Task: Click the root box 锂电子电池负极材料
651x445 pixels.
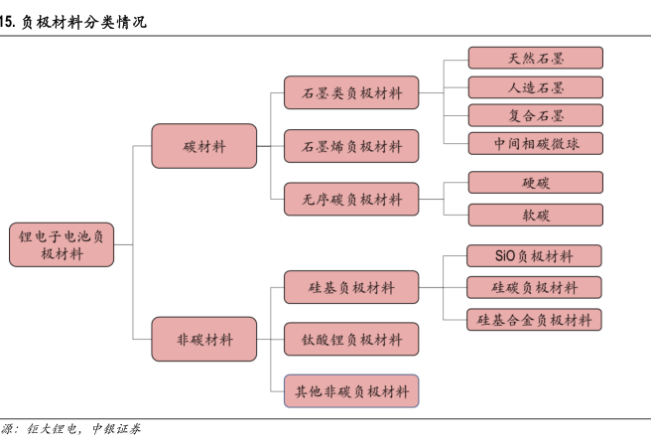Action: click(x=62, y=243)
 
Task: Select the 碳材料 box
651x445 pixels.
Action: click(x=204, y=146)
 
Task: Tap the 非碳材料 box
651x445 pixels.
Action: click(x=204, y=340)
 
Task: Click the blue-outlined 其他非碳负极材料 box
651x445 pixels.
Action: click(x=351, y=390)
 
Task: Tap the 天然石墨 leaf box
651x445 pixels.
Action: click(x=535, y=59)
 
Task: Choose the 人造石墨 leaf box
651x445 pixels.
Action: click(x=535, y=86)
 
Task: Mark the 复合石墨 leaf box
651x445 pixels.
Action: click(x=535, y=114)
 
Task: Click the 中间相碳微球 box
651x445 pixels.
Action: click(x=535, y=143)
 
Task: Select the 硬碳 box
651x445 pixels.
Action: click(x=535, y=183)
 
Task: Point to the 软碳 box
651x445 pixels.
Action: click(x=535, y=215)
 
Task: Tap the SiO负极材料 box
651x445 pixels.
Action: click(x=534, y=255)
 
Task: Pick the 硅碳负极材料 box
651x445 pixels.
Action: click(x=534, y=287)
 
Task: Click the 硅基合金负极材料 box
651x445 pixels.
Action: click(x=534, y=319)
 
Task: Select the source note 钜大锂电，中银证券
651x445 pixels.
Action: click(x=85, y=430)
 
